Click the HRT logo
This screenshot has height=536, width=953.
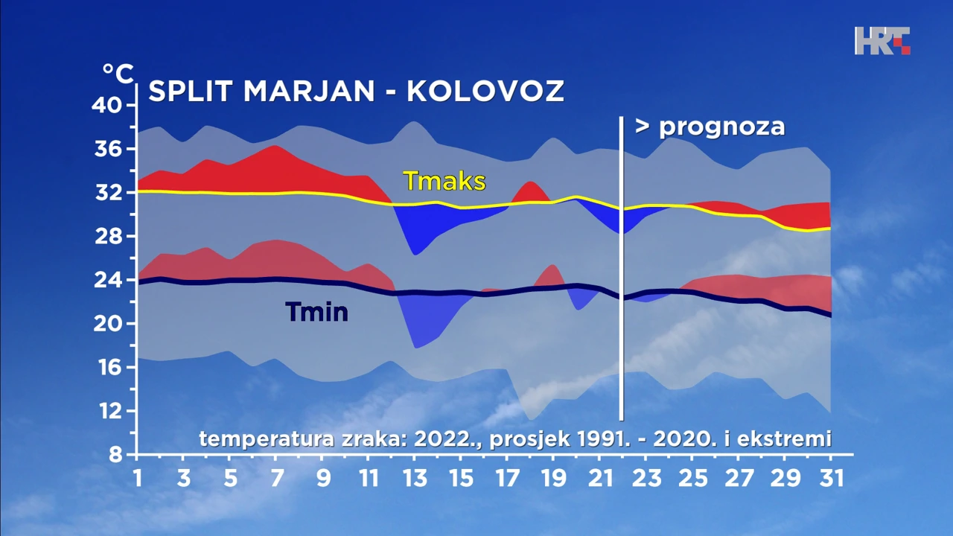pyautogui.click(x=882, y=40)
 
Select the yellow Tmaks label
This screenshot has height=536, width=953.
pyautogui.click(x=444, y=181)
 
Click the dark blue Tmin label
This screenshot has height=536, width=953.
pyautogui.click(x=316, y=311)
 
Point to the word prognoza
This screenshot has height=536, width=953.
pyautogui.click(x=721, y=126)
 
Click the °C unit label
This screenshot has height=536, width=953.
pyautogui.click(x=118, y=74)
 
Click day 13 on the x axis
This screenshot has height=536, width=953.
pyautogui.click(x=415, y=478)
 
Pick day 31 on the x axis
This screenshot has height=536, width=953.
pyautogui.click(x=829, y=478)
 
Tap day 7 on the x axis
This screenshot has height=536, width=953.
pyautogui.click(x=277, y=478)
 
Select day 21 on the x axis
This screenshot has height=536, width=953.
pyautogui.click(x=599, y=478)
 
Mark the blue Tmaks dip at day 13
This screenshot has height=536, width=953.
pyautogui.click(x=418, y=227)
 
